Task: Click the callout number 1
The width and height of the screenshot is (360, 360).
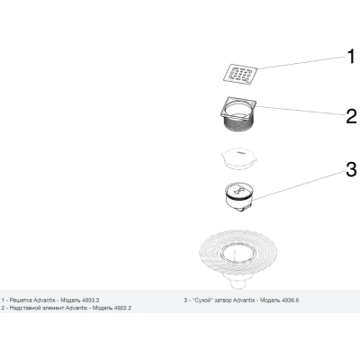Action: pyautogui.click(x=350, y=57)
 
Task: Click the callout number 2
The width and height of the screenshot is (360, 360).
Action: pyautogui.click(x=351, y=116)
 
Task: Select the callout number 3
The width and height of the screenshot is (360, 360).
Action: pyautogui.click(x=351, y=169)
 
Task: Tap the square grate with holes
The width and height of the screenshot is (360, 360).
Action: pyautogui.click(x=240, y=74)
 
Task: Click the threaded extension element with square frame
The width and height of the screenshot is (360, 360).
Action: pyautogui.click(x=238, y=114)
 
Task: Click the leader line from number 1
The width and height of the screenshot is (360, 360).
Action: pyautogui.click(x=301, y=63)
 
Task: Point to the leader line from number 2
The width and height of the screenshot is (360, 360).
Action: pyautogui.click(x=300, y=111)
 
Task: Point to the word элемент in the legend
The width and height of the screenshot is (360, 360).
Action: pyautogui.click(x=52, y=308)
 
